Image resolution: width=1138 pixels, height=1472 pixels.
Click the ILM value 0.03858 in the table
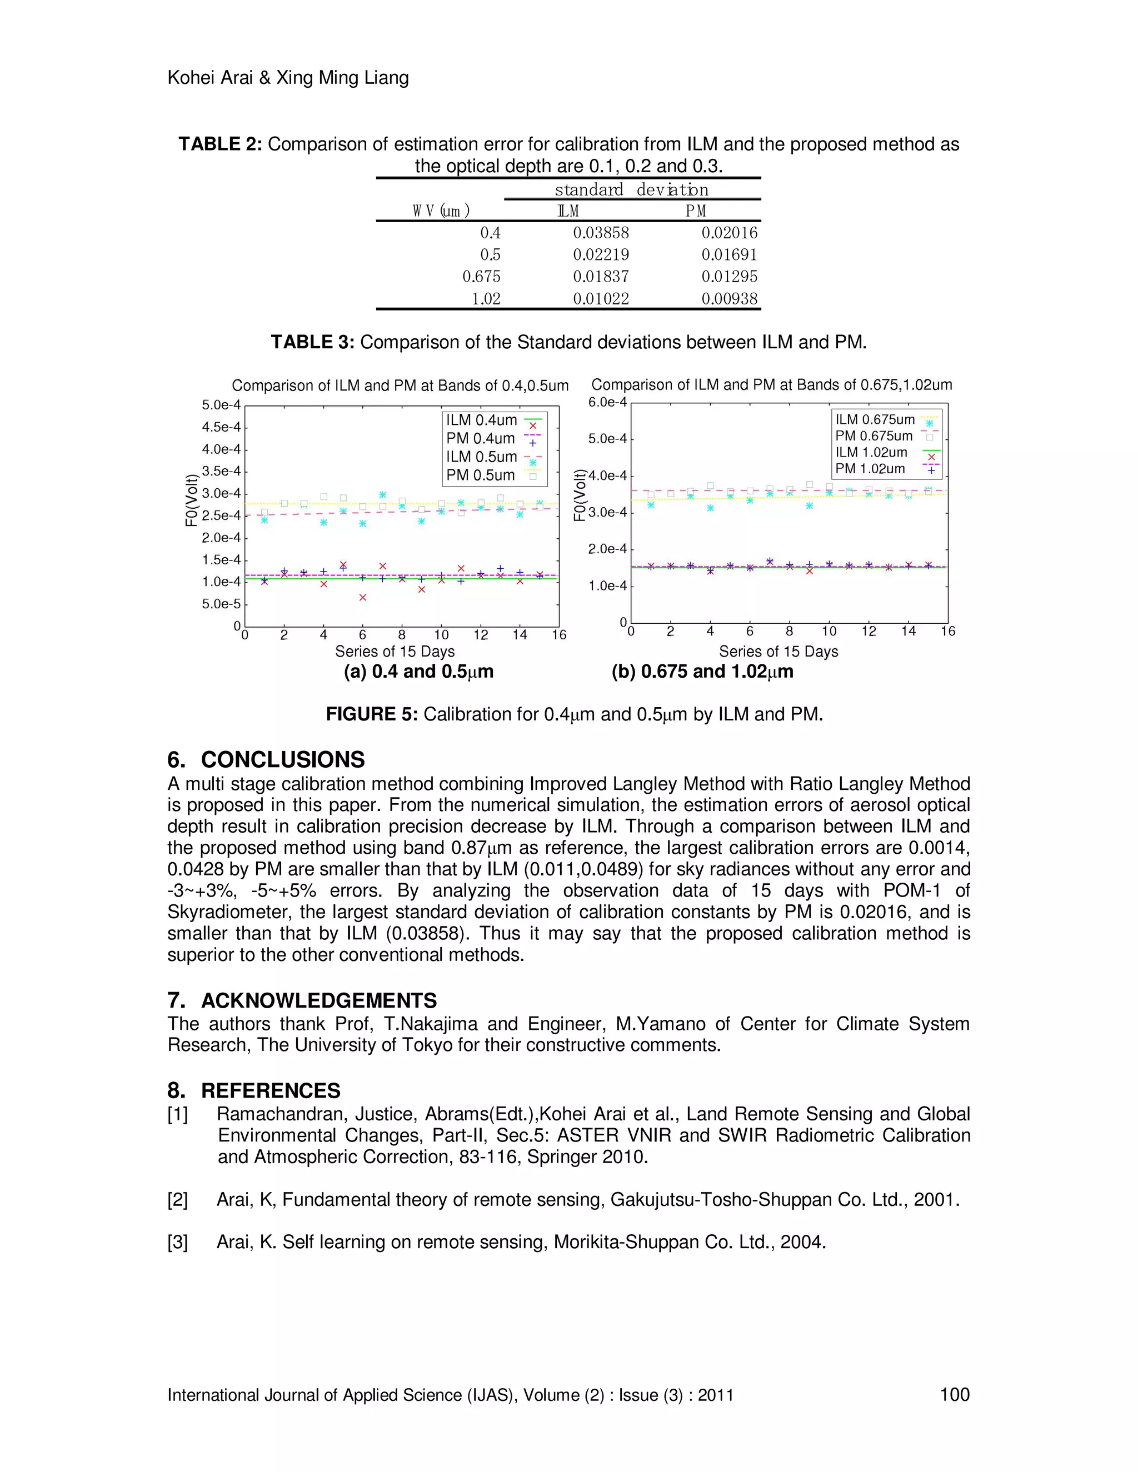click(x=601, y=233)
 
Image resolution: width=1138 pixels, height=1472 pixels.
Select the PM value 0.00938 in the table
click(x=730, y=299)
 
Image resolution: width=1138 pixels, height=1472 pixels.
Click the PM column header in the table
click(x=696, y=212)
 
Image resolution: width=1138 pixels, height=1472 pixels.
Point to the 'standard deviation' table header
click(x=632, y=190)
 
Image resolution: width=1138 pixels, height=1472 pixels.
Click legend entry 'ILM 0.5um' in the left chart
click(x=481, y=457)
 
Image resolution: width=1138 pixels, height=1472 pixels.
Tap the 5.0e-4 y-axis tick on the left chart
click(x=221, y=405)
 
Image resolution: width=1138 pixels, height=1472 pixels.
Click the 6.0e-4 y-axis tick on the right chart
click(x=607, y=402)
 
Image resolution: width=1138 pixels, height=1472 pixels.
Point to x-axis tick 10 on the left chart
click(x=441, y=635)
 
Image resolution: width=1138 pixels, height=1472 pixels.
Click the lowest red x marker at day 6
click(x=363, y=598)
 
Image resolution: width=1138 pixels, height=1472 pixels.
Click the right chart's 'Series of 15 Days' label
click(x=778, y=652)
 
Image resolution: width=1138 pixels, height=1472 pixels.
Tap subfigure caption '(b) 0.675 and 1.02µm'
click(x=702, y=672)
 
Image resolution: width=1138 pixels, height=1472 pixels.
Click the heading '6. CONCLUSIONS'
click(x=266, y=759)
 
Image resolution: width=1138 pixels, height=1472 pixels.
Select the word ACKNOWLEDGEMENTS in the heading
click(x=319, y=1000)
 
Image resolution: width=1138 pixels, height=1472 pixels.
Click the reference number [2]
click(x=177, y=1200)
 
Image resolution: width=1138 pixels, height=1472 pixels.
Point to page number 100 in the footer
click(x=954, y=1394)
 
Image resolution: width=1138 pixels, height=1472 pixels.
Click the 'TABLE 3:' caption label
click(x=312, y=342)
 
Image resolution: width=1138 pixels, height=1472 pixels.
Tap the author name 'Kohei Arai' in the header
click(x=209, y=78)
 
